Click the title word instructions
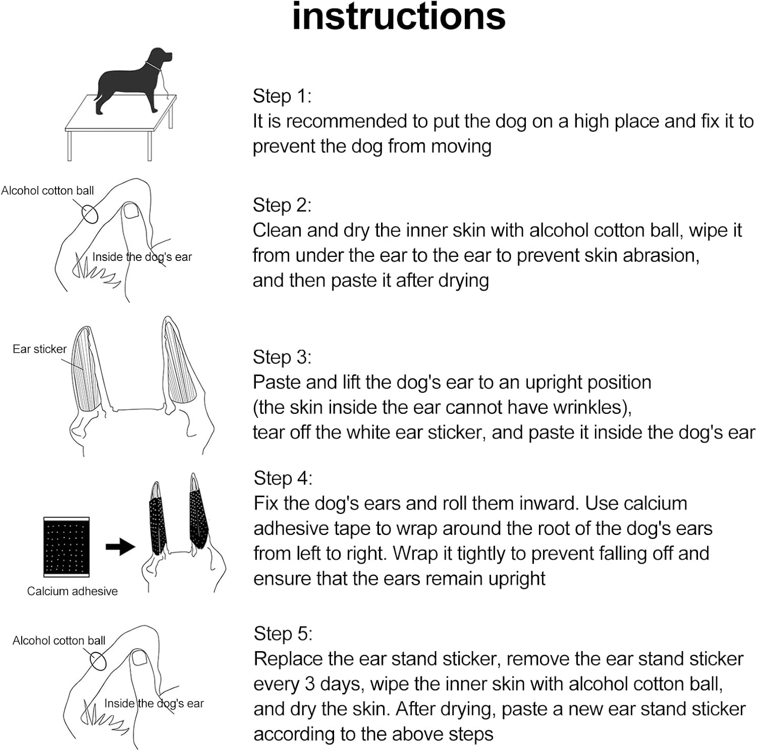click(399, 16)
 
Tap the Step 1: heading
click(282, 96)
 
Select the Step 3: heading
click(282, 357)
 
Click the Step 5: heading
click(283, 633)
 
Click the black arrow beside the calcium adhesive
click(120, 547)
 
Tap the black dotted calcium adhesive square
click(66, 547)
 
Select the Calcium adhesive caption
click(72, 591)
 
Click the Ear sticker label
click(39, 349)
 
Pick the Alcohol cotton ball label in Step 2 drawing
click(47, 190)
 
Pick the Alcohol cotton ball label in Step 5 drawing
click(59, 640)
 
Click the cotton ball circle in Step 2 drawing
click(89, 213)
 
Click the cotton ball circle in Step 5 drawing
click(98, 661)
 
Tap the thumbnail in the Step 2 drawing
click(132, 210)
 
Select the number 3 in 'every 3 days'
click(310, 684)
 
